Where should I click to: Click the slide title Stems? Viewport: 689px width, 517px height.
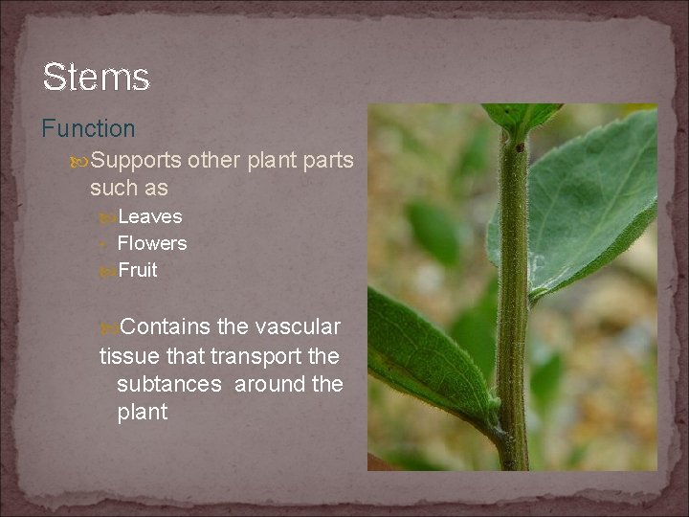pos(96,77)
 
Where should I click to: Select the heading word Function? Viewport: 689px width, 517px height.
pos(88,128)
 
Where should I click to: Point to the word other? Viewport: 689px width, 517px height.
pos(214,161)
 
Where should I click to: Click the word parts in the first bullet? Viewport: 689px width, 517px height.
pos(325,161)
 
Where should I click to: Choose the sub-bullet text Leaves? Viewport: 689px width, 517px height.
pos(149,217)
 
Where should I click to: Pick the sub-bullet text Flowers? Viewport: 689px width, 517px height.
pos(151,244)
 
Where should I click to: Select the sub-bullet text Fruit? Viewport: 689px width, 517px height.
pos(138,271)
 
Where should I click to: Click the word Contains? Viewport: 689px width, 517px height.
pos(167,327)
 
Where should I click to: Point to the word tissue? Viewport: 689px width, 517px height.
pos(128,356)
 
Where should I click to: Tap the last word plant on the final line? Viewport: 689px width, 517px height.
pos(142,413)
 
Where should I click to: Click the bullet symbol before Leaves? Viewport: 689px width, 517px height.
pos(107,217)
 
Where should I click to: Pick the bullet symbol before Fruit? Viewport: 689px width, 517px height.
pos(107,271)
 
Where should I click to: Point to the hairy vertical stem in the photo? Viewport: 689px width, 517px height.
pos(513,287)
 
